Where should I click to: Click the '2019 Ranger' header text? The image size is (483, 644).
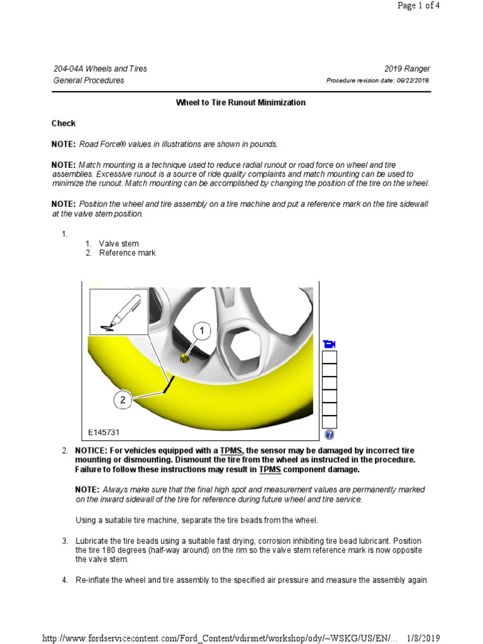point(407,69)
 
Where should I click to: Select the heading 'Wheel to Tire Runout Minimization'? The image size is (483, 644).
point(241,103)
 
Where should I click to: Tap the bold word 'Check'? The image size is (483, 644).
point(64,123)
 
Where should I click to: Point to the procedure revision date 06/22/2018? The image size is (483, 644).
point(413,80)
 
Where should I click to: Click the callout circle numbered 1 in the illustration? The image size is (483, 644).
point(202,331)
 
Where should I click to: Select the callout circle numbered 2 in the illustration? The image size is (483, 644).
point(123,399)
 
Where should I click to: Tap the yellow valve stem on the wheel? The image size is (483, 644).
point(184,358)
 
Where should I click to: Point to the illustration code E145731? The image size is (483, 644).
point(104,432)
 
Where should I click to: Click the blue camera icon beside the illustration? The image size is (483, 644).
point(329,344)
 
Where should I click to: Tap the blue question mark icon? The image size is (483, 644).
point(329,435)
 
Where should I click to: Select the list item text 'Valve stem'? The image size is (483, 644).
point(119,243)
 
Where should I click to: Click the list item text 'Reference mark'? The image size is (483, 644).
point(127,253)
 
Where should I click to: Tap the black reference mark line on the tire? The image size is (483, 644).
point(167,383)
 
